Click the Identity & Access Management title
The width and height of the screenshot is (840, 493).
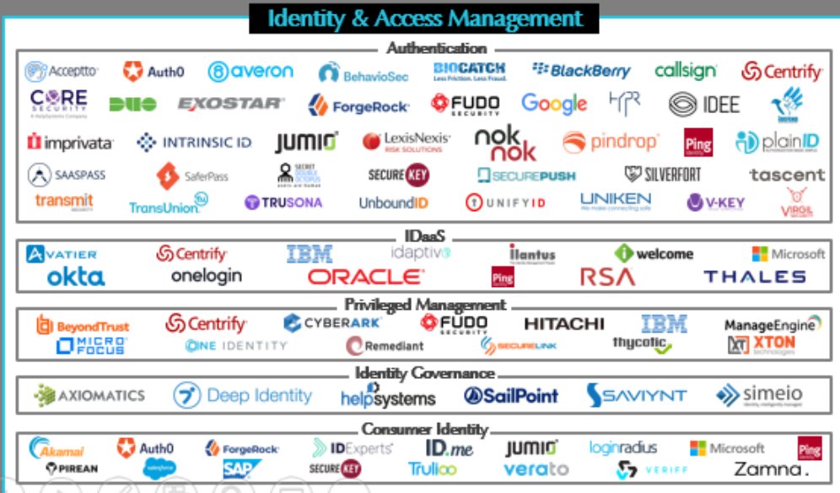point(424,19)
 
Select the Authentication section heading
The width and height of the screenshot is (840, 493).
point(436,49)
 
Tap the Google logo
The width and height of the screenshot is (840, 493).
point(553,104)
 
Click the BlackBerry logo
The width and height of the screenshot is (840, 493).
point(581,71)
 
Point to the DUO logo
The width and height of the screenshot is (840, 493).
point(132,105)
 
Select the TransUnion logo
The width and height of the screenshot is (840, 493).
point(168,204)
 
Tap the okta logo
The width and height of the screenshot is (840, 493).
point(76,277)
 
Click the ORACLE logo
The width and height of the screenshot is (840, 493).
point(366,277)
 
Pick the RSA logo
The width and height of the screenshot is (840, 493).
point(606,277)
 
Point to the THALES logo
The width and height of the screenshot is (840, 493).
point(755,277)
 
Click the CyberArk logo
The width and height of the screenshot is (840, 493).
point(332,322)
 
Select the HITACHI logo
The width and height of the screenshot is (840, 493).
point(564,323)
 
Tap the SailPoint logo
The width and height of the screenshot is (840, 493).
point(510,395)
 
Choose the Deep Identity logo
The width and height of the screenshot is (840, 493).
point(243,395)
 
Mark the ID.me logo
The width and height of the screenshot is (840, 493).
point(448,448)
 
